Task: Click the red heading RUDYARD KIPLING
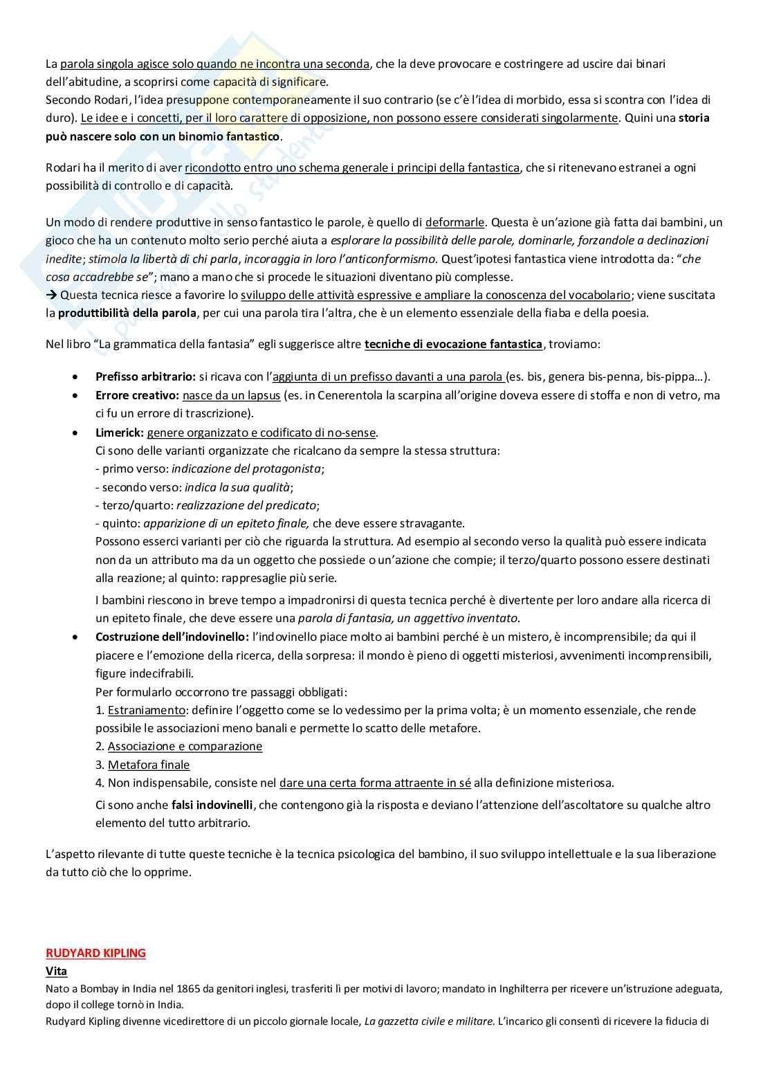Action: pos(95,953)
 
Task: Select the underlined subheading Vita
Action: pos(56,971)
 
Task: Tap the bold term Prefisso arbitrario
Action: pos(145,377)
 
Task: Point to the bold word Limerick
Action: pos(119,433)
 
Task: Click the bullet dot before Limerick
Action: pos(75,433)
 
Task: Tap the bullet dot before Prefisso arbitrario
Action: pos(75,377)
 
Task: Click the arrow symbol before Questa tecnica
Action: pos(51,295)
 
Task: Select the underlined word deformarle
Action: pos(454,222)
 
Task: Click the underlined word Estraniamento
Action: pos(147,710)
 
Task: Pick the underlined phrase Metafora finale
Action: pos(149,765)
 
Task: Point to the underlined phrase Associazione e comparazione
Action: pos(185,746)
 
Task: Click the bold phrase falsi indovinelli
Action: pos(213,805)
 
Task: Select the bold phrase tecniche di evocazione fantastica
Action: pos(453,344)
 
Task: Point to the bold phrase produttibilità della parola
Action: pos(127,313)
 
